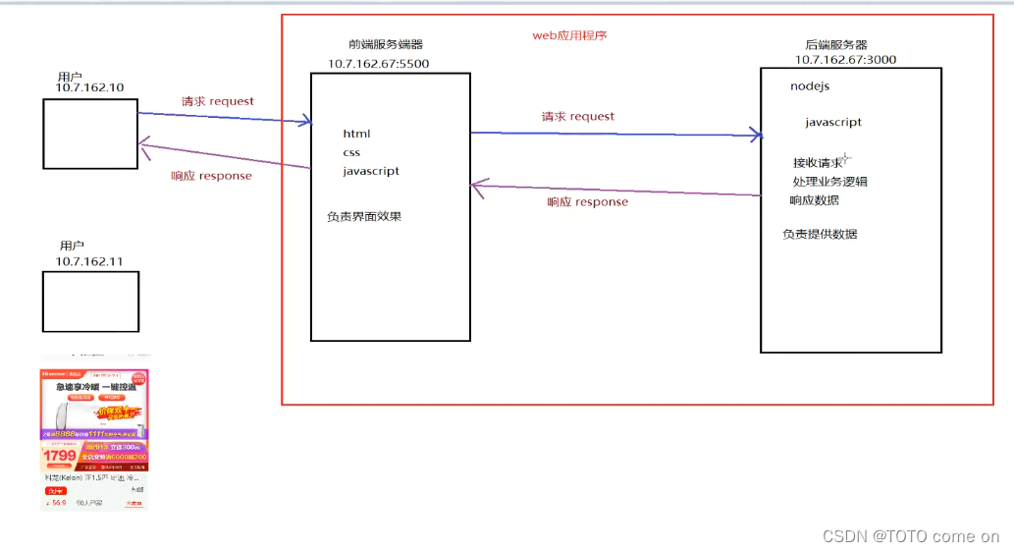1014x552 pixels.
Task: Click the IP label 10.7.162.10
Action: pos(89,88)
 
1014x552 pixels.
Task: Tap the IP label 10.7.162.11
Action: pos(89,261)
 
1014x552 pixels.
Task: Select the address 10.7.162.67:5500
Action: pos(378,64)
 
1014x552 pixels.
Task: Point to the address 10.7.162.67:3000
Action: pos(845,60)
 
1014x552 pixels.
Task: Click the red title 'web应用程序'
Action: pos(569,35)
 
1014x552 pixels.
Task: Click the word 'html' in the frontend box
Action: pos(356,134)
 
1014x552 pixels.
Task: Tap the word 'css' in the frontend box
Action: pos(351,152)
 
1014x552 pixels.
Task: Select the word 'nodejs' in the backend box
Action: pos(810,86)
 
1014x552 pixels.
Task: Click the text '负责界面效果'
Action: pos(364,216)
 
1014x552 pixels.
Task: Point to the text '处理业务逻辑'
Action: pos(829,182)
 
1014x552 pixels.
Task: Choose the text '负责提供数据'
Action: pos(820,234)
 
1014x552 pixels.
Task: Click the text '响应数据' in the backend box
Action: pos(814,200)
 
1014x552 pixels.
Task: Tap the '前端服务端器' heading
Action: pos(386,44)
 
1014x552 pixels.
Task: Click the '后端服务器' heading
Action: pos(835,45)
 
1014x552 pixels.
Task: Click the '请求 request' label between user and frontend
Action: pos(217,101)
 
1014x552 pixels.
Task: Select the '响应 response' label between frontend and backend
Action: pos(587,202)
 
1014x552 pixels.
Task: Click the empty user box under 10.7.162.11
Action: pos(90,302)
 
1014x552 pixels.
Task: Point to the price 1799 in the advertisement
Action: pos(60,456)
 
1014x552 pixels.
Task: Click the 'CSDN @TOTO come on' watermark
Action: pos(910,536)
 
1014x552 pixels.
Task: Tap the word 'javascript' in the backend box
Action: pos(833,123)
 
